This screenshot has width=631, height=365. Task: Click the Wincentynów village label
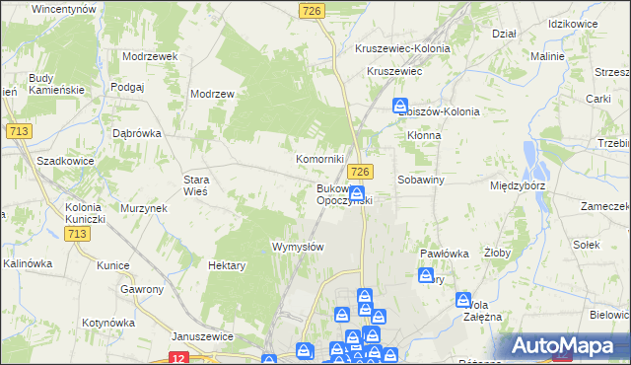point(63,8)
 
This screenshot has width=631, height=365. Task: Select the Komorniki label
point(320,159)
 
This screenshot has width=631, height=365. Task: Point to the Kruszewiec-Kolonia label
point(408,47)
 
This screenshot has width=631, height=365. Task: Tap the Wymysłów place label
point(298,247)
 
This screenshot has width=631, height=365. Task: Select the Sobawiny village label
point(422,181)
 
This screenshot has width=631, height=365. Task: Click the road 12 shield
point(178,358)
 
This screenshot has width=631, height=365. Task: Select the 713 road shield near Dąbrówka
point(17,130)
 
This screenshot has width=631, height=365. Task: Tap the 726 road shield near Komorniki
point(361,172)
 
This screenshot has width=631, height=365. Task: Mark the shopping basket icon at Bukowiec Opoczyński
point(357,194)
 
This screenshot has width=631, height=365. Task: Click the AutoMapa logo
point(566,345)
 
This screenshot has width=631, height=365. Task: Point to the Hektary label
point(227,265)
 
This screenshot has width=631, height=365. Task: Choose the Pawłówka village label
point(443,254)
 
